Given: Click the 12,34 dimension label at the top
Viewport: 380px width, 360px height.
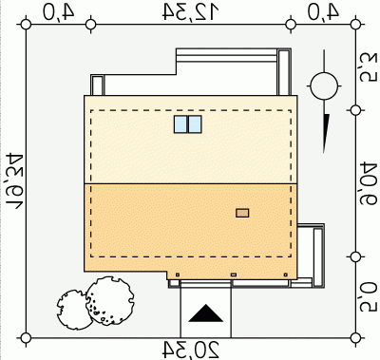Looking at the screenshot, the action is pos(191,12).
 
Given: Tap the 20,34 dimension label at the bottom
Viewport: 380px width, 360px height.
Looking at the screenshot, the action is pos(191,350).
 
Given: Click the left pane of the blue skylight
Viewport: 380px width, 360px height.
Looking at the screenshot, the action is pos(180,124).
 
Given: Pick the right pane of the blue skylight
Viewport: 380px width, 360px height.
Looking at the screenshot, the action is pos(195,124).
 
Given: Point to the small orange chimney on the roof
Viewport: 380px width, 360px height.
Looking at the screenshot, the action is pos(242,213).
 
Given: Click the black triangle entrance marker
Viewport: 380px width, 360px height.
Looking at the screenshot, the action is pos(206,313).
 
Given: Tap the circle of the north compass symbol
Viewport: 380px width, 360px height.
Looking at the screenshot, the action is pos(324,85).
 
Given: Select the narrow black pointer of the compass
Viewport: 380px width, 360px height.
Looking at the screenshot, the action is pos(326,133).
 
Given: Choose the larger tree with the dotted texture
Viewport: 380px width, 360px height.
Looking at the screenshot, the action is pos(109,301).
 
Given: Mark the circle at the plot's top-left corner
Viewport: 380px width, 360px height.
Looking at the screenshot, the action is pos(26,25).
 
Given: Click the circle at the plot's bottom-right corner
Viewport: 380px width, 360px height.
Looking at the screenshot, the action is pos(356,338).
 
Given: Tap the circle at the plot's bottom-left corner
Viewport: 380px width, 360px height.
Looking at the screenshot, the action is pos(26,338).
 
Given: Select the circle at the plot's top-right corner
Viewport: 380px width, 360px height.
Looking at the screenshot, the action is pos(356,24).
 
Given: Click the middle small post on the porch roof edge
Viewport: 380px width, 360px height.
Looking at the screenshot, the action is pos(234,275).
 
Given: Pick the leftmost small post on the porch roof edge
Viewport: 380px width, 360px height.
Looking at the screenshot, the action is pos(178,275).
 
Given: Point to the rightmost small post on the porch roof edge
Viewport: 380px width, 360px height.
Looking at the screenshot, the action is pos(286,275).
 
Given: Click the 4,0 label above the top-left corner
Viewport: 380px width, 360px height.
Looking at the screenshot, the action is pos(59,11).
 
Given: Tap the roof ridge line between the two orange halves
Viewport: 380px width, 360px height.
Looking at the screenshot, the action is pos(191,183).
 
